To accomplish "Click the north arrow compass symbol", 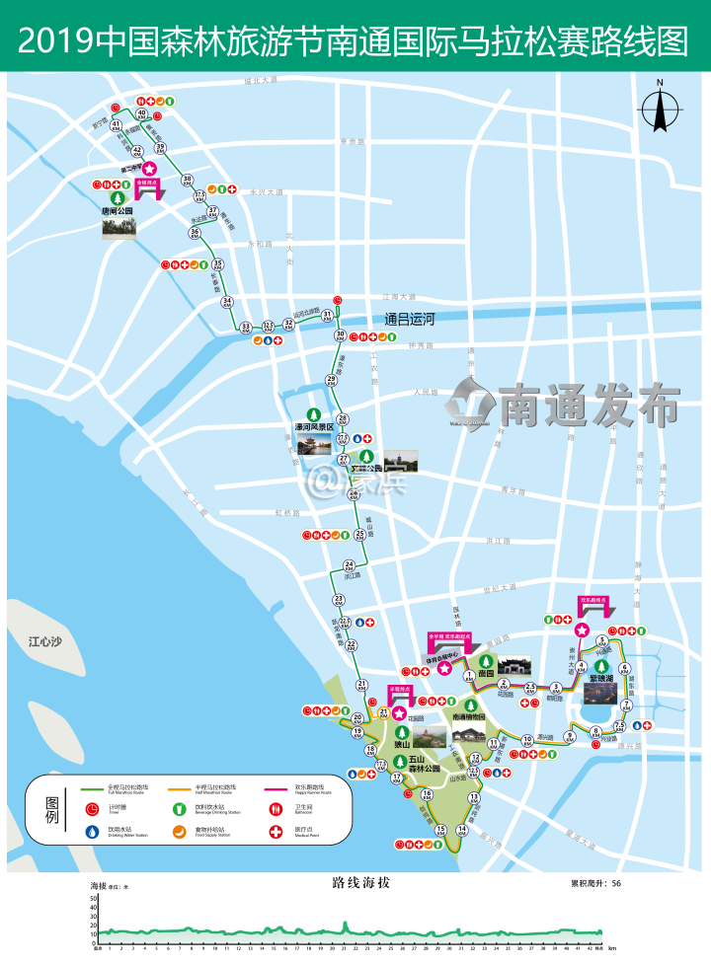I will tap(660, 109).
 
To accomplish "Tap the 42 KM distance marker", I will tap(137, 151).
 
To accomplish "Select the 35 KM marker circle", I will tap(217, 264).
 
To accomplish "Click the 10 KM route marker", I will tap(527, 739).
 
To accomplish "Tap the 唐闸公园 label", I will tap(117, 210).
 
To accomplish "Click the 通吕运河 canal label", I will tap(410, 320).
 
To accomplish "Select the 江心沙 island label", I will tap(45, 641).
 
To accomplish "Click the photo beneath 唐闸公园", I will tap(118, 228).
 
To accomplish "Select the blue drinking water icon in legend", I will tap(92, 832).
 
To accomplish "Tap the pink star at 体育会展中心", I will tap(444, 669).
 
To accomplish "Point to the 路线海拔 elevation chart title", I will tap(355, 884).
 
